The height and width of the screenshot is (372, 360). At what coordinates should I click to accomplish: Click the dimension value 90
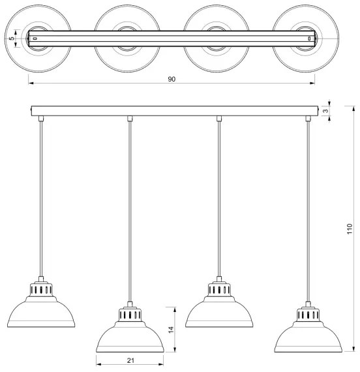(172, 79)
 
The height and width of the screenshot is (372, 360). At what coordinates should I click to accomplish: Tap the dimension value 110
(350, 229)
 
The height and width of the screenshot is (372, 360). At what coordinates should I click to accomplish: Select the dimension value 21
(130, 361)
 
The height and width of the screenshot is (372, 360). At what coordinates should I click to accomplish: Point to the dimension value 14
(171, 330)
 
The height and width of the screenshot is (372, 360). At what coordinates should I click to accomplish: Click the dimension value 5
(11, 39)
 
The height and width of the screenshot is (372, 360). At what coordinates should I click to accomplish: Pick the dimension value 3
(327, 111)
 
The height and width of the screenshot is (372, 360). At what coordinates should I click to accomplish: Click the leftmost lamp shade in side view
(41, 311)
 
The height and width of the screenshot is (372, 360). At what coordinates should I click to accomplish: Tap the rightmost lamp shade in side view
(308, 337)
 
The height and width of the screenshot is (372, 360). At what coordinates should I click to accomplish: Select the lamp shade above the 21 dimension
(130, 337)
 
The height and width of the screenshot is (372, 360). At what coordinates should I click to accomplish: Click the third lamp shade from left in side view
(219, 311)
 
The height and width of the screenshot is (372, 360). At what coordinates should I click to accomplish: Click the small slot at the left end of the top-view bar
(35, 39)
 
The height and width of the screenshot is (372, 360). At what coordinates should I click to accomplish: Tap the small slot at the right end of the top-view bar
(309, 39)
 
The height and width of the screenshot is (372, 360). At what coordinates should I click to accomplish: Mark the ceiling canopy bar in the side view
(175, 111)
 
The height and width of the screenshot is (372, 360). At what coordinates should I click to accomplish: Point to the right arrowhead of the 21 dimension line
(161, 364)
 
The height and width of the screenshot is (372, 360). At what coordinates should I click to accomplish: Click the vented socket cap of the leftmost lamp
(41, 289)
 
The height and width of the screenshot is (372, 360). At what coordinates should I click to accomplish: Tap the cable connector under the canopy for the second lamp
(130, 119)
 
